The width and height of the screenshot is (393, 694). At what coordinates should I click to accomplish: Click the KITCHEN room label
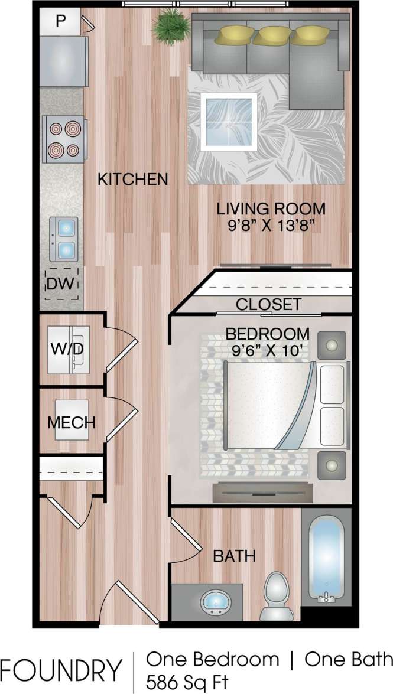(x=133, y=179)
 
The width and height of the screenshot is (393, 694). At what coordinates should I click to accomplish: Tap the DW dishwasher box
(x=62, y=284)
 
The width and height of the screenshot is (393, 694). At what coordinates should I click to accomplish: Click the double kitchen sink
(x=64, y=239)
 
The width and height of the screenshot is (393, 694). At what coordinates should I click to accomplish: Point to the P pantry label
(x=60, y=21)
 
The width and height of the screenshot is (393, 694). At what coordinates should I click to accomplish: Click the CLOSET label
(x=269, y=305)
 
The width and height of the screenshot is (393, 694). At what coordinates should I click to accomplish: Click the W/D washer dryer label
(x=66, y=349)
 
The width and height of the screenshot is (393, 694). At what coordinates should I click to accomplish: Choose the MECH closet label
(x=72, y=422)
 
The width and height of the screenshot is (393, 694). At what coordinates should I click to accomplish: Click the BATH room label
(x=234, y=556)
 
